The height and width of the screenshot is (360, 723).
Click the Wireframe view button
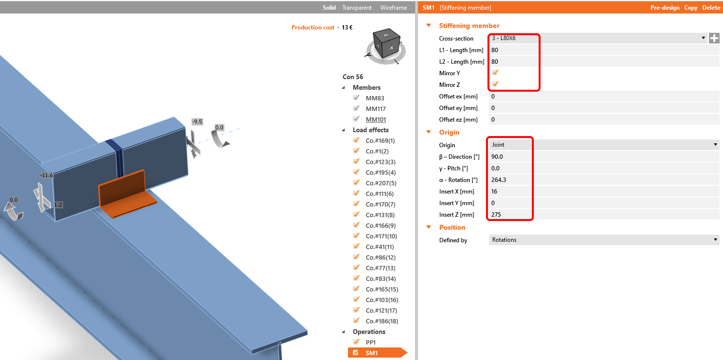click(x=393, y=7)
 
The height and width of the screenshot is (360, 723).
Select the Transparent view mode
click(x=357, y=7)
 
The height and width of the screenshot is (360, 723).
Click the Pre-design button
click(x=665, y=7)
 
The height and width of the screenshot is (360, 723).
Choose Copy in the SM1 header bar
click(x=690, y=7)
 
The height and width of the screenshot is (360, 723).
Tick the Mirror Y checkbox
click(x=495, y=72)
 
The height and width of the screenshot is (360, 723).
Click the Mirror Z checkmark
click(x=495, y=84)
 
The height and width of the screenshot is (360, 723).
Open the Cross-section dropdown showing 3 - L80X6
click(x=597, y=38)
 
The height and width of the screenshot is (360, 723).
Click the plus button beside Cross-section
click(x=714, y=38)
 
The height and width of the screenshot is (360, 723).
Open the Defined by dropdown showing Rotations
click(x=604, y=240)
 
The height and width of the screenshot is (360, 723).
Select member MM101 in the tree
click(x=375, y=119)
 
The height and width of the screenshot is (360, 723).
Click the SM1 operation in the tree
click(x=372, y=353)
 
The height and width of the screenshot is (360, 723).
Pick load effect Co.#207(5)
click(x=381, y=183)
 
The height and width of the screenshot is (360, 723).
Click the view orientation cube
click(x=386, y=43)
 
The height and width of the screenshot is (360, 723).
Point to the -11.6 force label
click(x=46, y=175)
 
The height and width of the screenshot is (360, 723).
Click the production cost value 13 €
click(x=347, y=28)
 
